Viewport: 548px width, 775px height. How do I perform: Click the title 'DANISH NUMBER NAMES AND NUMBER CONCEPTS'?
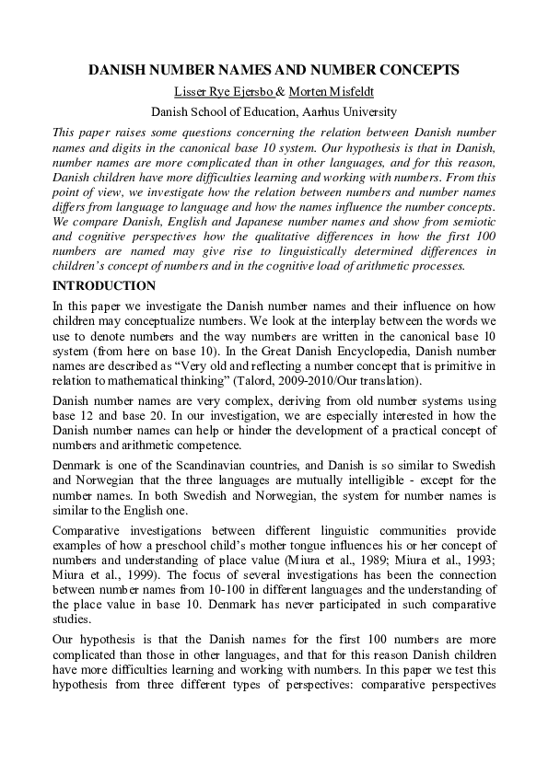(x=274, y=69)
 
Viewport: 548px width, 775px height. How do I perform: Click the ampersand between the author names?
(x=282, y=91)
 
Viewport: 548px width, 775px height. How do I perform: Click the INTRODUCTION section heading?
(x=104, y=286)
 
